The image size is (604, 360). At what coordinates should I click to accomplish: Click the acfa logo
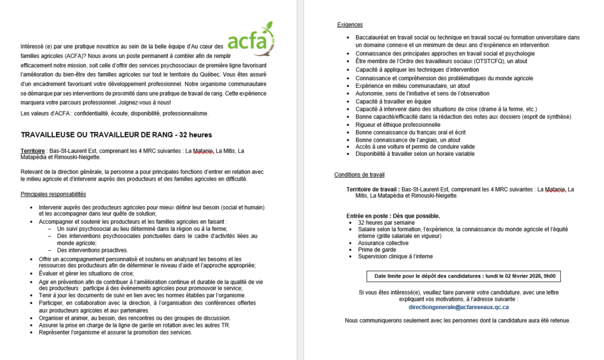(251, 39)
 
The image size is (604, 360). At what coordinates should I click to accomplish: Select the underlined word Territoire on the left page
(34, 151)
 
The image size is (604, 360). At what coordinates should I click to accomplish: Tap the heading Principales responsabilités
(53, 194)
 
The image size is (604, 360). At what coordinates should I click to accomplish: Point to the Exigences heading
(350, 25)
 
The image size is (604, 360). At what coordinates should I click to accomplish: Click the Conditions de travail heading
(359, 175)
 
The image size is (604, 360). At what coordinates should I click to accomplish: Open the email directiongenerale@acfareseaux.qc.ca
(458, 307)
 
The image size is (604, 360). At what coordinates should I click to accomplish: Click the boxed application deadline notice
(465, 276)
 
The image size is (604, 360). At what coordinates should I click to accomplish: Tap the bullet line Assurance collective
(383, 243)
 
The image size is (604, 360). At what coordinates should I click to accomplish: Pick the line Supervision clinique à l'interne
(395, 256)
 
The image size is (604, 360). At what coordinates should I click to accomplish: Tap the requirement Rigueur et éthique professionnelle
(398, 125)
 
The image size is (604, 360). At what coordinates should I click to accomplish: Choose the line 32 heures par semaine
(386, 222)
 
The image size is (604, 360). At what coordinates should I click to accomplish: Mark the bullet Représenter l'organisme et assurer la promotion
(115, 332)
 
